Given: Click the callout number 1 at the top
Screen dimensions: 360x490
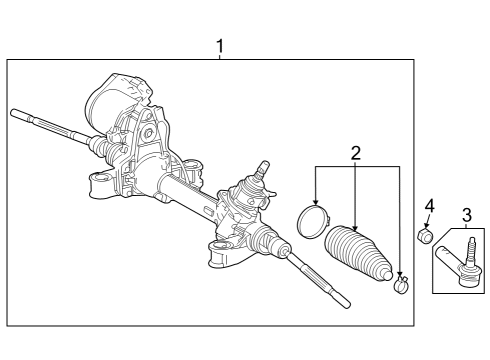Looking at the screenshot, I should (219, 46).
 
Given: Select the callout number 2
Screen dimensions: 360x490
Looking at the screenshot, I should (355, 153).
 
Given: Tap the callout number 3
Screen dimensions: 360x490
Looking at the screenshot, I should (466, 213).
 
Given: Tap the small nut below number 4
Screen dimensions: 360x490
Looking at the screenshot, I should (425, 236).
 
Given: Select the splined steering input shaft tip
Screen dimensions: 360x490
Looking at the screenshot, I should (264, 167).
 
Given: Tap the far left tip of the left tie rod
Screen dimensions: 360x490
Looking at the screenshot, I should (14, 113).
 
